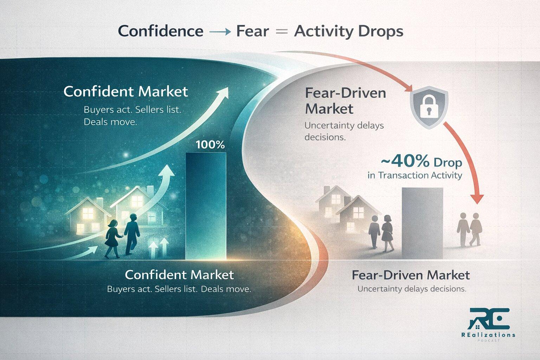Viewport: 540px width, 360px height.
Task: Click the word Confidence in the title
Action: pyautogui.click(x=161, y=31)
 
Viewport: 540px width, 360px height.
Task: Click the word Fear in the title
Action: pyautogui.click(x=252, y=31)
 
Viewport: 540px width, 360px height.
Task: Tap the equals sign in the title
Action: pyautogui.click(x=282, y=31)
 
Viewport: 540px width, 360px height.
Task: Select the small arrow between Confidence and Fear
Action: pyautogui.click(x=220, y=32)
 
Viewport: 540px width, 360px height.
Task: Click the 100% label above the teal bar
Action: pyautogui.click(x=210, y=145)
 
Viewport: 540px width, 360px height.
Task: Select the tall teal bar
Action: pyautogui.click(x=206, y=206)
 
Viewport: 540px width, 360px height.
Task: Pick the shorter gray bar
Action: pyautogui.click(x=422, y=223)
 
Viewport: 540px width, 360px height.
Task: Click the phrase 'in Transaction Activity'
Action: pyautogui.click(x=414, y=175)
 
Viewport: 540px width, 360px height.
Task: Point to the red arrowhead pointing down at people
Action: pyautogui.click(x=477, y=199)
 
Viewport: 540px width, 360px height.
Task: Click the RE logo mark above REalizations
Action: pyautogui.click(x=488, y=319)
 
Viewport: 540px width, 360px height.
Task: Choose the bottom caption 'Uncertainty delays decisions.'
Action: pyautogui.click(x=412, y=289)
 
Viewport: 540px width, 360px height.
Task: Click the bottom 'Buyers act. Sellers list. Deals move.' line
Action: pyautogui.click(x=179, y=289)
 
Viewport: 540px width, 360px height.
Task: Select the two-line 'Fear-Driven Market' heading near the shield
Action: pyautogui.click(x=345, y=101)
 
